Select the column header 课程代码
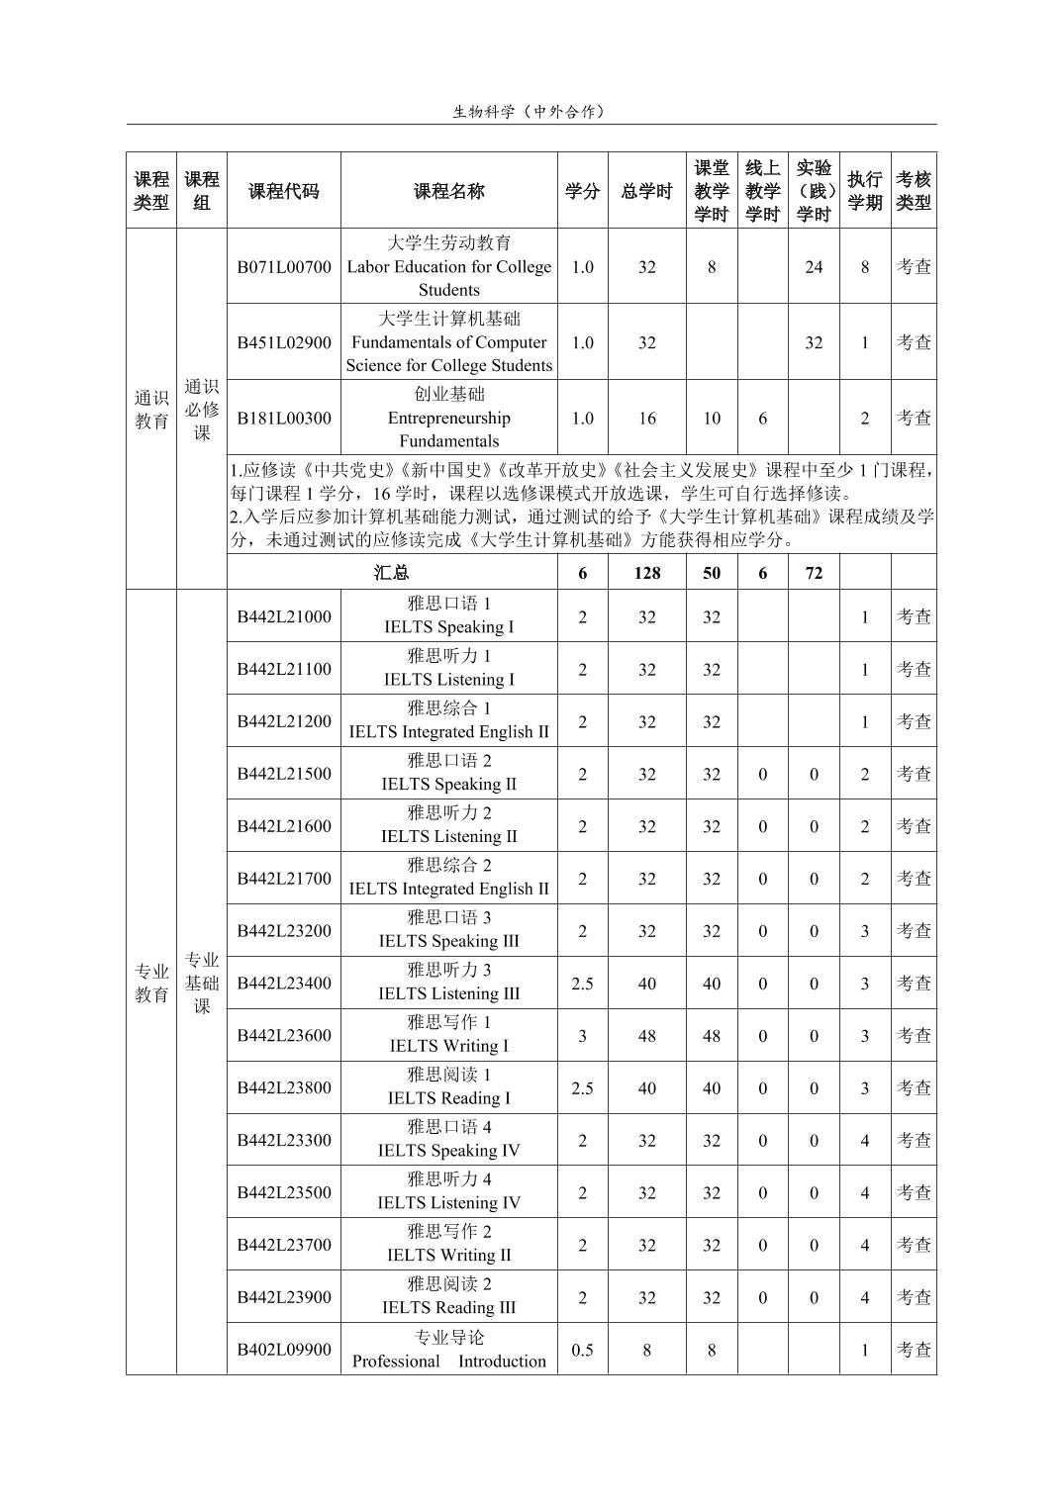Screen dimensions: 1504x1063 283,191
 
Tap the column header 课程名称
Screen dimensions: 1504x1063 448,191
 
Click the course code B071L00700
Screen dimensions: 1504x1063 283,267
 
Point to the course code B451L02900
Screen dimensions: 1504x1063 283,342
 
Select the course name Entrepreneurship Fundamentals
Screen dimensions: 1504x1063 448,418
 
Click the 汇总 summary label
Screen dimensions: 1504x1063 392,573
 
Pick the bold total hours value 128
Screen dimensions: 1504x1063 646,573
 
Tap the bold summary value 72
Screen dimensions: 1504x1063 813,573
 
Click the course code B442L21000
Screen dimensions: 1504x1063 283,616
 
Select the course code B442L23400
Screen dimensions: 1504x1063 283,984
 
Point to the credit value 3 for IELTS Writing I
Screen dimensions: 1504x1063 582,1036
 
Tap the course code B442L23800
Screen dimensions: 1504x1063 283,1088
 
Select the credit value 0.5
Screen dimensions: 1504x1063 582,1350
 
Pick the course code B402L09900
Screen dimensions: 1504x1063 283,1350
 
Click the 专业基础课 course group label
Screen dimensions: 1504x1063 202,983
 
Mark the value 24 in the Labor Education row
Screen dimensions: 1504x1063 813,267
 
